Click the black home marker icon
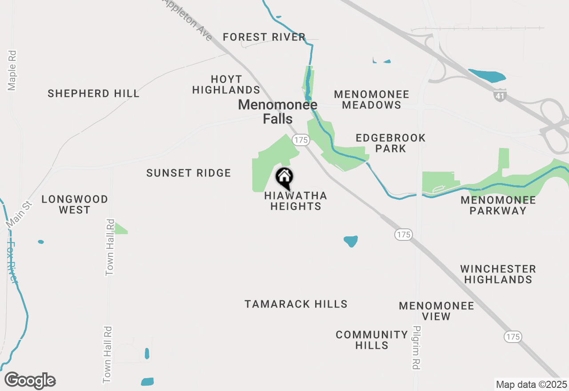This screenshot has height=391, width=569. [284, 178]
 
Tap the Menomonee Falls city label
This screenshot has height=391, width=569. [278, 112]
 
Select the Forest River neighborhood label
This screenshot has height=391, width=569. [264, 37]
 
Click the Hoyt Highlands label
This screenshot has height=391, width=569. [226, 84]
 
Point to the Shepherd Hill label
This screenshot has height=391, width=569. [93, 93]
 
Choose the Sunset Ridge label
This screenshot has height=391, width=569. [188, 173]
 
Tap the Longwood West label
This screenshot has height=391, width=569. [75, 204]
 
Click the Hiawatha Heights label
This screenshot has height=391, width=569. [296, 201]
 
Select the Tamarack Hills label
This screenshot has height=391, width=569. [296, 304]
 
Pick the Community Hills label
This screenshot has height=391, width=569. [372, 339]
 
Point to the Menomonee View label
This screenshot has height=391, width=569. [436, 311]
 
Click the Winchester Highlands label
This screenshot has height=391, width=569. [498, 274]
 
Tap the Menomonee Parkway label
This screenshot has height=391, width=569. [498, 205]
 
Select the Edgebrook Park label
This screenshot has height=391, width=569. [390, 143]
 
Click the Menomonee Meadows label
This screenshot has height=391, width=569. [371, 100]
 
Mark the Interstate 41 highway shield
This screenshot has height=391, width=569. [500, 95]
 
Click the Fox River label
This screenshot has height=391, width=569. [12, 262]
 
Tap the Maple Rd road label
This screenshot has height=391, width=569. [12, 70]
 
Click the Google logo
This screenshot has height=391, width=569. [30, 381]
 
